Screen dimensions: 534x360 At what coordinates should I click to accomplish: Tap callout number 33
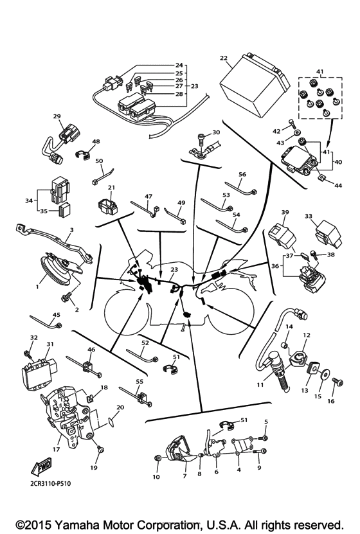tap(309, 217)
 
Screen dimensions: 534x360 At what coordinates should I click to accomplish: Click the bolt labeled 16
tap(334, 383)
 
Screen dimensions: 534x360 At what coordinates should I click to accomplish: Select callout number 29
tap(57, 116)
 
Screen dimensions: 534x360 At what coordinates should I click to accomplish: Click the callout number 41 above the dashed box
tap(319, 71)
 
